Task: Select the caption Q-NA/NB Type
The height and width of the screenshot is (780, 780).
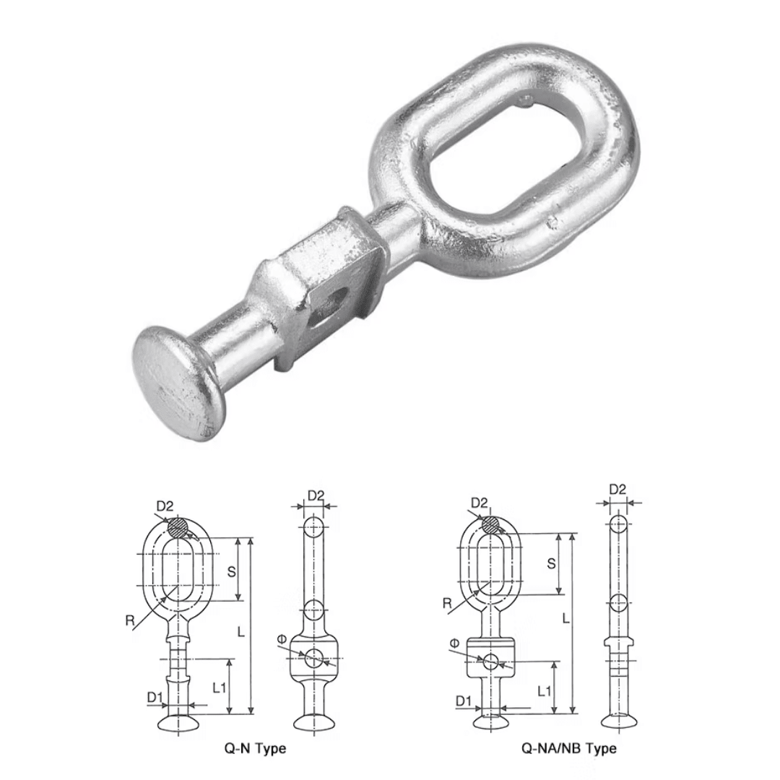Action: pyautogui.click(x=568, y=748)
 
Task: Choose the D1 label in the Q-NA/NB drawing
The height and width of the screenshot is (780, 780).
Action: pyautogui.click(x=464, y=700)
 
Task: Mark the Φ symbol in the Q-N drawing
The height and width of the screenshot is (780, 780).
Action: pyautogui.click(x=282, y=638)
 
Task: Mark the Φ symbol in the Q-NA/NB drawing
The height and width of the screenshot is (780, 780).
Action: pyautogui.click(x=454, y=643)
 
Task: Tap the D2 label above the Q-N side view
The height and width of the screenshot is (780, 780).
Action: pyautogui.click(x=316, y=495)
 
